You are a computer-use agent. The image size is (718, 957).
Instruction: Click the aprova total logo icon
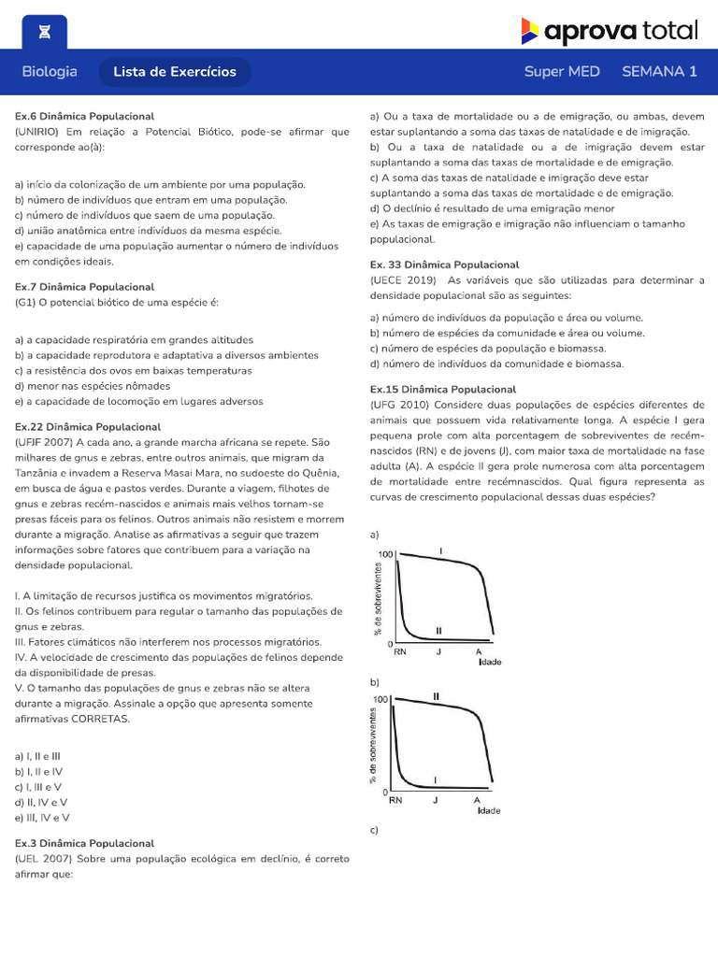(x=530, y=31)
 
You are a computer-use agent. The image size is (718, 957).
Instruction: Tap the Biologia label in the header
(x=50, y=71)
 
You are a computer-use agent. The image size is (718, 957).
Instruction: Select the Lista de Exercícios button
(x=175, y=72)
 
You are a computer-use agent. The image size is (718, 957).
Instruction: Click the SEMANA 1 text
(x=659, y=71)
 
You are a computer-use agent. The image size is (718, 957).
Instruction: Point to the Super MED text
(x=562, y=71)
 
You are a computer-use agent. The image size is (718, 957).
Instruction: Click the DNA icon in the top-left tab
(x=45, y=32)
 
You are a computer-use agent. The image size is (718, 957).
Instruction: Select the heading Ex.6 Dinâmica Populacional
(x=84, y=116)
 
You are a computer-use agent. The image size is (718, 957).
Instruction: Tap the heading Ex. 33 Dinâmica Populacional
(x=444, y=264)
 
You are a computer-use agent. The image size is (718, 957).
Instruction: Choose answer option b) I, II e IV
(x=38, y=771)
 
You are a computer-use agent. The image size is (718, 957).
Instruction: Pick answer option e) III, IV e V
(x=42, y=818)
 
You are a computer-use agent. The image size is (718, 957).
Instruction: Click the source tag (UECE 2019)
(x=403, y=279)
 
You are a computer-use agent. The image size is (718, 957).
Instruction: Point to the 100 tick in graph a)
(x=386, y=555)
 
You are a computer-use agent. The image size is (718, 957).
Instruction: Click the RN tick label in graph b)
(x=396, y=801)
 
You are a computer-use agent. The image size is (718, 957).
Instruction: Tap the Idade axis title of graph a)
(x=490, y=662)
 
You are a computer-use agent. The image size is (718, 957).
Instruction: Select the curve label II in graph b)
(x=436, y=696)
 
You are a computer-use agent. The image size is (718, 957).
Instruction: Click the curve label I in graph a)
(x=440, y=550)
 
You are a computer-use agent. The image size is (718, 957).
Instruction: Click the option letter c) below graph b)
(x=374, y=830)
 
